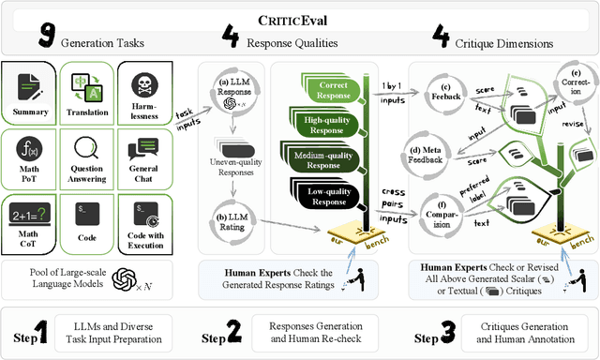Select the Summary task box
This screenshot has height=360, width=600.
(31, 94)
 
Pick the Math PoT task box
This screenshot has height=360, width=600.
(31, 156)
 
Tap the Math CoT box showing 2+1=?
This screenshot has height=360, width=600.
(31, 219)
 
